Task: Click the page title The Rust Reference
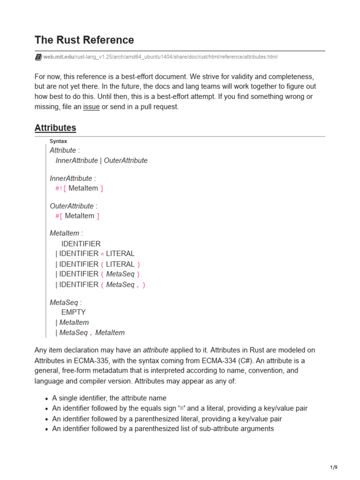point(84,40)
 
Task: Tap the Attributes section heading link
point(55,127)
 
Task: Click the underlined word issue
point(91,106)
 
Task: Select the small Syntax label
point(59,141)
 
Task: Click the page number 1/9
point(333,467)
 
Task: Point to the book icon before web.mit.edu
point(38,57)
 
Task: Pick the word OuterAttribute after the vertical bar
point(126,160)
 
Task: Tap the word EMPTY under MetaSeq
point(74,312)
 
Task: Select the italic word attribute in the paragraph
point(156,350)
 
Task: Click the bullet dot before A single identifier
point(47,398)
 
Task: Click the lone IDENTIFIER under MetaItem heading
point(81,244)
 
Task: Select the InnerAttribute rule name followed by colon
point(71,178)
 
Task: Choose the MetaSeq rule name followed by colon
point(64,302)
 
